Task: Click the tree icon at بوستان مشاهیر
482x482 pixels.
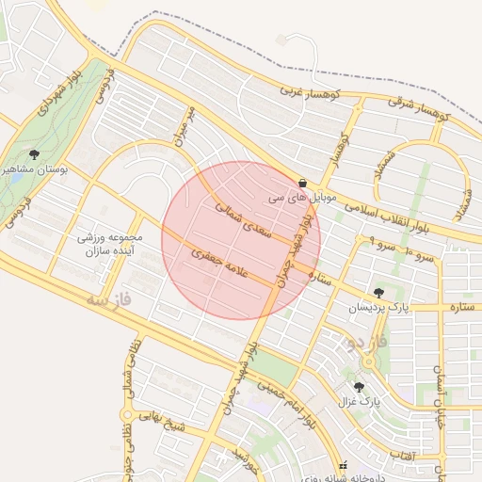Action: [x=34, y=153]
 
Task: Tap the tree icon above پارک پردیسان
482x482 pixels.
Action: [x=379, y=293]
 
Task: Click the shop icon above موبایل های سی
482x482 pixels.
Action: [x=301, y=183]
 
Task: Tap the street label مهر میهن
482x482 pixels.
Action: [x=182, y=126]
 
